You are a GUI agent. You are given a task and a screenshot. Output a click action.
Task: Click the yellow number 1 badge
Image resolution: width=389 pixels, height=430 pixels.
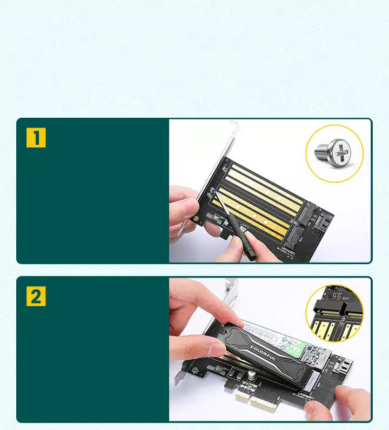point(36,138)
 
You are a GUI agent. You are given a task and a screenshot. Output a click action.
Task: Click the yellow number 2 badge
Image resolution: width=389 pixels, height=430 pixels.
point(36,297)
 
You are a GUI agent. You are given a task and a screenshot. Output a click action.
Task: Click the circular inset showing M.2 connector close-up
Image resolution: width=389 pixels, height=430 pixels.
point(334,313)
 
